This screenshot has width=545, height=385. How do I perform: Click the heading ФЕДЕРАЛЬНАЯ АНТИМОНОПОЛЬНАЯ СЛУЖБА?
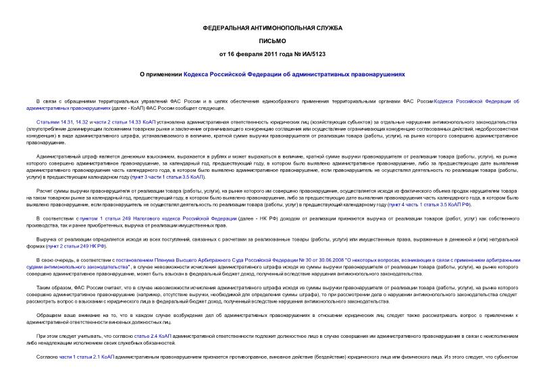click(x=272, y=28)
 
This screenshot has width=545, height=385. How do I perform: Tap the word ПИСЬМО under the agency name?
click(x=272, y=40)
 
